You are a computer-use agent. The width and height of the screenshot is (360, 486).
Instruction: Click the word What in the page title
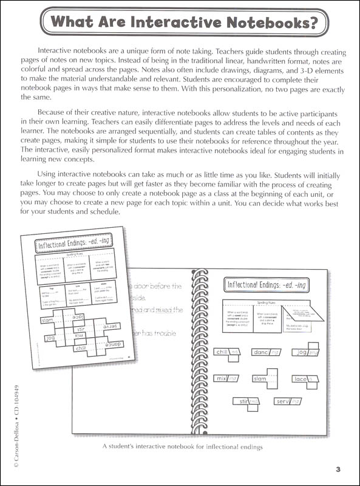80,23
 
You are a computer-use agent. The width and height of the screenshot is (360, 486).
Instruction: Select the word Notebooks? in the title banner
263,23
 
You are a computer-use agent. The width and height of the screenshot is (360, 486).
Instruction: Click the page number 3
338,468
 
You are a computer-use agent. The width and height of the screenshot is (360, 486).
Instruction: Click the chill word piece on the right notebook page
229,351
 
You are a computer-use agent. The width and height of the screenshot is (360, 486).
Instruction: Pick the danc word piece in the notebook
265,352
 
